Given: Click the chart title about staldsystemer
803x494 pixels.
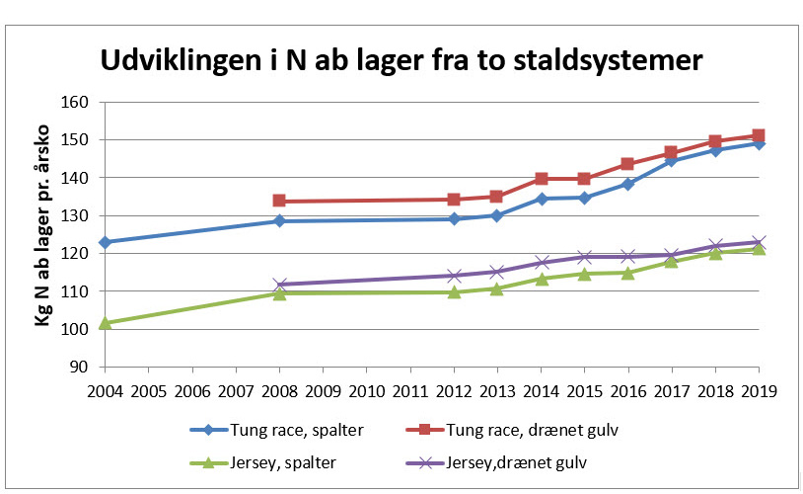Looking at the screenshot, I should [x=401, y=59].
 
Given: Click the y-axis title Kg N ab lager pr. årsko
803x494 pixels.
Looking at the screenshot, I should [x=43, y=234].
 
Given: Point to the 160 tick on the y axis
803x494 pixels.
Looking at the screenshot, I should [x=75, y=102].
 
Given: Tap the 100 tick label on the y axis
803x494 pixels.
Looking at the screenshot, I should [x=75, y=329].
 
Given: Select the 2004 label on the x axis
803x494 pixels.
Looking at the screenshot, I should [x=104, y=388].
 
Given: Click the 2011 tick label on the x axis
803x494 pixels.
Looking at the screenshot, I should [x=409, y=388].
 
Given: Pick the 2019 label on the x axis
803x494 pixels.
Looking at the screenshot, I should [x=759, y=388].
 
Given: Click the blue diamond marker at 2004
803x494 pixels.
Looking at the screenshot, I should [x=104, y=242].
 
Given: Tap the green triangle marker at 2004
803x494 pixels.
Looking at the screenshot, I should [x=104, y=322].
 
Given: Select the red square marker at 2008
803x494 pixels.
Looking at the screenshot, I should [x=279, y=201].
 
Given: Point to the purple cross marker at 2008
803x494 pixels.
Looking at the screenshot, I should [x=279, y=285].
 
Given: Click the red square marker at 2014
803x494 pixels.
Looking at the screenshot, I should [x=541, y=179].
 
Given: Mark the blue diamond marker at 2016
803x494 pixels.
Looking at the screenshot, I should [x=627, y=184].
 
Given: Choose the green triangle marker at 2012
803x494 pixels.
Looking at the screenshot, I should [x=454, y=291].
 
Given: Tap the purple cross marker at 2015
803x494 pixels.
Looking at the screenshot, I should [x=584, y=257].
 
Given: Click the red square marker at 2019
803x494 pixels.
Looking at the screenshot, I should [x=759, y=135].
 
